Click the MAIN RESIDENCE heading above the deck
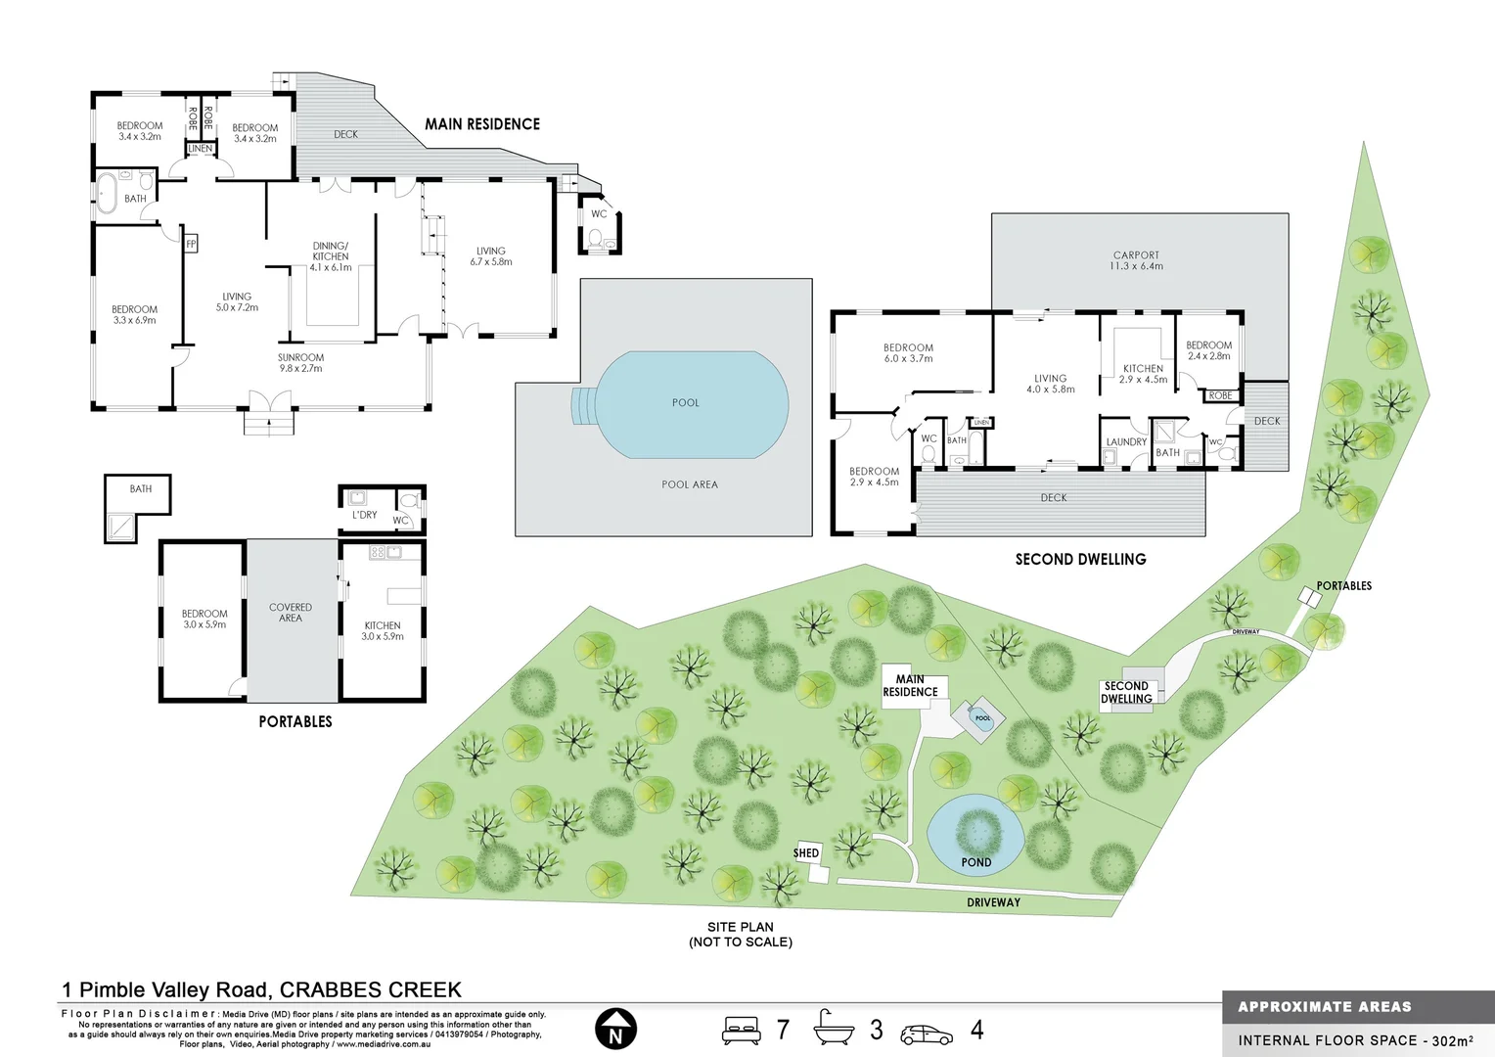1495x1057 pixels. (x=481, y=124)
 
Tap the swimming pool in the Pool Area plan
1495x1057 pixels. (x=692, y=404)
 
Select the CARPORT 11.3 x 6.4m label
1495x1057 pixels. (x=1136, y=260)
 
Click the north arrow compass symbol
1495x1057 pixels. (x=615, y=1030)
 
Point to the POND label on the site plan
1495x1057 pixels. (x=975, y=862)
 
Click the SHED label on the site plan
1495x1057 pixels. (x=806, y=853)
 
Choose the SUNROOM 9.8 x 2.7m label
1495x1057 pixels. (x=300, y=363)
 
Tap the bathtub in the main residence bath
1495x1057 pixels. (x=107, y=192)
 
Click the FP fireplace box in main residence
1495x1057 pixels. (x=191, y=244)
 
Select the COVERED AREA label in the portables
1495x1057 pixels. (x=291, y=613)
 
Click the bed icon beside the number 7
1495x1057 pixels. (x=742, y=1030)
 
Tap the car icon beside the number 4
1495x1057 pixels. (x=926, y=1033)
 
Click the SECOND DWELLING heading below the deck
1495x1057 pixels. (x=1080, y=560)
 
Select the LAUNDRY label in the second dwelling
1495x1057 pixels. (x=1126, y=442)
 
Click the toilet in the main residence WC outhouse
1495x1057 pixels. (x=594, y=238)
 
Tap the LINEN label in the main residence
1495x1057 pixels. (x=200, y=149)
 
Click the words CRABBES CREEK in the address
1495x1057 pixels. (x=371, y=990)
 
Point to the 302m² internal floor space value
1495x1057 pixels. (x=1452, y=1040)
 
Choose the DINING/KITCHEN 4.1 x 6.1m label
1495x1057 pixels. (x=331, y=256)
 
